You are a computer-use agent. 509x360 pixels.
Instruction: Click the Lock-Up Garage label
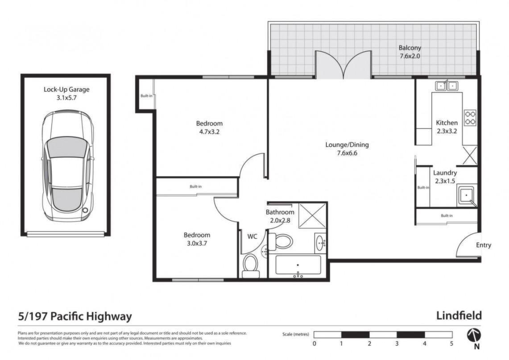click(x=66, y=93)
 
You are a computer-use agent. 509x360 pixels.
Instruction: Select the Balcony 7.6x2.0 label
click(x=410, y=52)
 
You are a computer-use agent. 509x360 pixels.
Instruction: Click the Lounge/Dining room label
click(x=347, y=149)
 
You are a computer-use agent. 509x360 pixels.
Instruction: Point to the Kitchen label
click(x=447, y=127)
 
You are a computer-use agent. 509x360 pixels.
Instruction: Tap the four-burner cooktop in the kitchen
click(x=470, y=117)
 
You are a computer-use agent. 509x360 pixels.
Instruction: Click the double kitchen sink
click(x=447, y=86)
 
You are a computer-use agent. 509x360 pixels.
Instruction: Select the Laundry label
click(x=445, y=177)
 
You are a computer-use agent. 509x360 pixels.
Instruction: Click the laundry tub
click(x=467, y=196)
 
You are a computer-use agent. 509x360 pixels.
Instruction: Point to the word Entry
click(x=484, y=245)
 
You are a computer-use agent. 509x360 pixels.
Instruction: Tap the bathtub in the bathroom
click(x=298, y=265)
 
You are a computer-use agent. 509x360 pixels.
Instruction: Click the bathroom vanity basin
click(x=320, y=243)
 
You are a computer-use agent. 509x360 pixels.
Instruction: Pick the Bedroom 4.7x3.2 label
click(x=209, y=128)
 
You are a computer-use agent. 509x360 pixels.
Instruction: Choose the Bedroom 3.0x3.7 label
click(x=197, y=239)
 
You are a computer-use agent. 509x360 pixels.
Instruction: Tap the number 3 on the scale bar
click(x=397, y=343)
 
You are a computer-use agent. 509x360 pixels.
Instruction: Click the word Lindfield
click(x=459, y=315)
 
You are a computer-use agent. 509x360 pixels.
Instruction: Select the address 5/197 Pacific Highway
click(x=75, y=316)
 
